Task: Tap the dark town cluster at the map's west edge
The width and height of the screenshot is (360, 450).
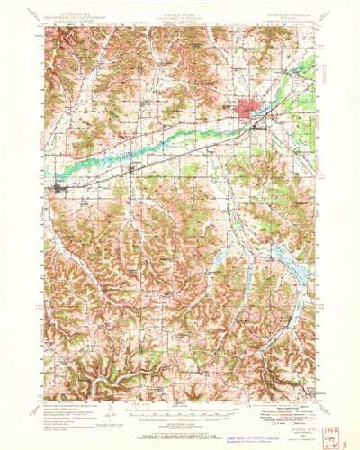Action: click(59, 189)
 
